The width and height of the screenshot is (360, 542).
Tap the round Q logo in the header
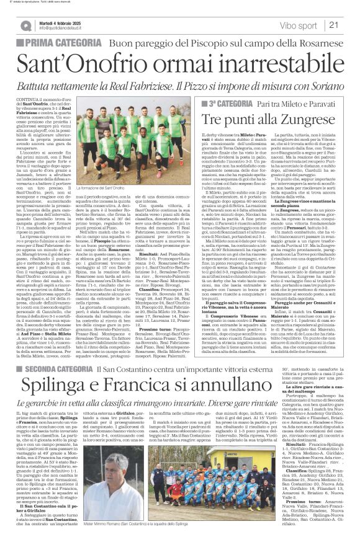tap(26, 25)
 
